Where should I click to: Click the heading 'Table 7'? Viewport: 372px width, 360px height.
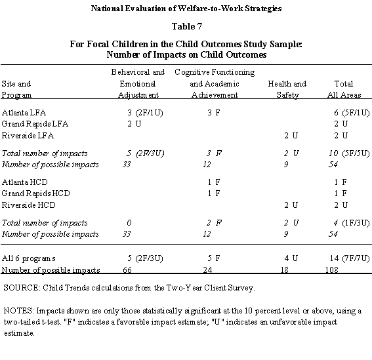tap(186, 27)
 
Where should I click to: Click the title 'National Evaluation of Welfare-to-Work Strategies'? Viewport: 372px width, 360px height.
tap(186, 9)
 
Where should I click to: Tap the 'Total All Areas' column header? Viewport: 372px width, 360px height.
tap(344, 90)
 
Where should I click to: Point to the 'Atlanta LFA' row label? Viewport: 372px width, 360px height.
tap(24, 112)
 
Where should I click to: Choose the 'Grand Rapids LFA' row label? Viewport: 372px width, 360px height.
tap(35, 124)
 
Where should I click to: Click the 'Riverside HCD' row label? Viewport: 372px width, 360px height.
tap(29, 205)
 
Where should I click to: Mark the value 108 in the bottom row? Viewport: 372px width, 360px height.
tap(333, 269)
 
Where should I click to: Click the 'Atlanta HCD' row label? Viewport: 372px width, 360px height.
tap(25, 181)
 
